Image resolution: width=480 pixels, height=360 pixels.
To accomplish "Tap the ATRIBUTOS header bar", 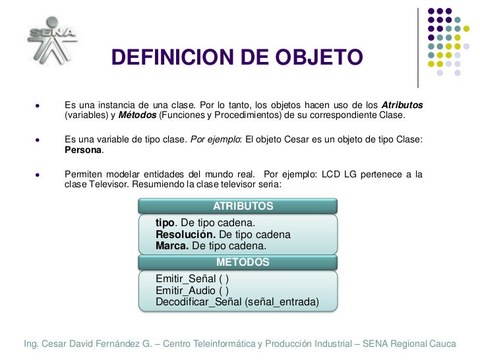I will click(238, 206).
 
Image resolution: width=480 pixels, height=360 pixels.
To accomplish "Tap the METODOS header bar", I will click(238, 262).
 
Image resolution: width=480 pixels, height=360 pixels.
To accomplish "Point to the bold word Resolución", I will click(185, 234).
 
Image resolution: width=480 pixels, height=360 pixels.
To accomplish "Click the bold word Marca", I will click(172, 245).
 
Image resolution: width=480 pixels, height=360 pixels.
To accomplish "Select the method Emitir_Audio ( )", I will click(192, 290).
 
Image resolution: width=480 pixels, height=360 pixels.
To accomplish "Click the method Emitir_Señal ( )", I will click(192, 279).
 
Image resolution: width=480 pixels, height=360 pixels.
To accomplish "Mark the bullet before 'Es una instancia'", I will click(38, 105).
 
